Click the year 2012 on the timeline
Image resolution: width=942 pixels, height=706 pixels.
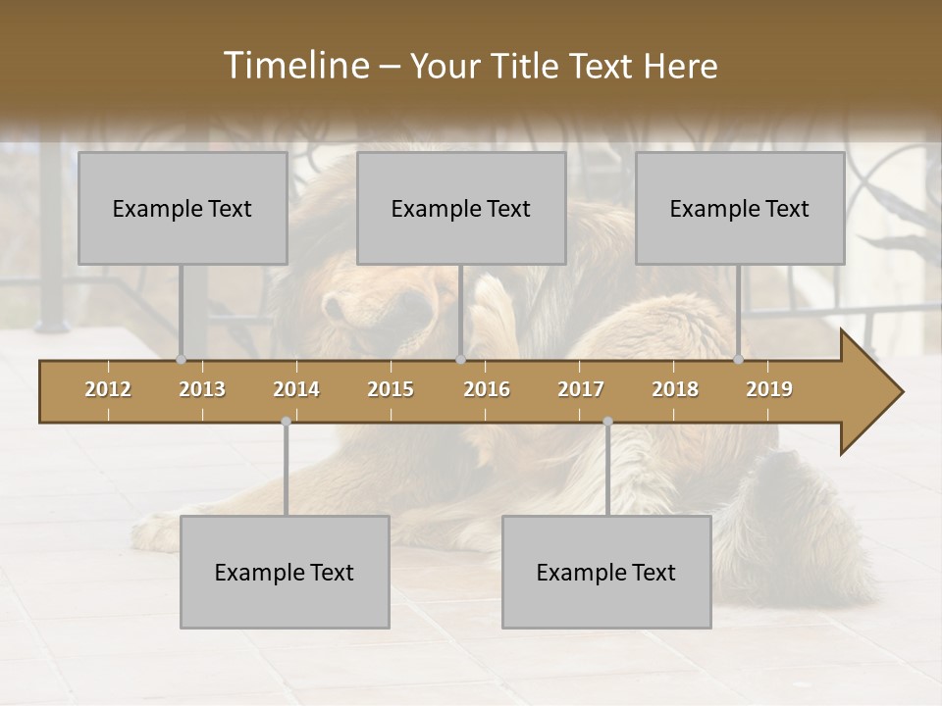(x=108, y=389)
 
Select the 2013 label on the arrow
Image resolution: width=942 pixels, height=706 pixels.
(x=202, y=389)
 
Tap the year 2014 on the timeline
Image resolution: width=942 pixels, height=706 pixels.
(x=296, y=389)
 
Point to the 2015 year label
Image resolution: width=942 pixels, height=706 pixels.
(x=391, y=389)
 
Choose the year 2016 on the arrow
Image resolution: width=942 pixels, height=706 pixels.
(x=487, y=389)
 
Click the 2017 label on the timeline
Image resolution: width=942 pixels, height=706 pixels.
(x=581, y=389)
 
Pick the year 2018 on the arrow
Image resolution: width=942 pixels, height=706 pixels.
(x=675, y=389)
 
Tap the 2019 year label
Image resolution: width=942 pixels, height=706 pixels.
(x=769, y=389)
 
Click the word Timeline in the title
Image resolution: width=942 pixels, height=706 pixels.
(x=293, y=66)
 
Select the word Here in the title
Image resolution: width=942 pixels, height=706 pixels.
(x=680, y=67)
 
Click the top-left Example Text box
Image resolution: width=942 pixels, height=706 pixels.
(x=183, y=208)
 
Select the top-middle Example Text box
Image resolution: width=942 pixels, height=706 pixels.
(x=461, y=208)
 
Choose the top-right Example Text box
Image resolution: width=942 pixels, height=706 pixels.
(x=740, y=208)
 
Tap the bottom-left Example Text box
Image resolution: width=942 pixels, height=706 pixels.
(x=285, y=572)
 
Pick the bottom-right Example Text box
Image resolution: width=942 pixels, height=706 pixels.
(x=606, y=572)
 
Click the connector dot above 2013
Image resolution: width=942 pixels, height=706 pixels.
(x=182, y=360)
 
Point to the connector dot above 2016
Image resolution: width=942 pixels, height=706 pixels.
(x=461, y=360)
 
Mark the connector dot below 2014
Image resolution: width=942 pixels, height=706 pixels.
(x=286, y=422)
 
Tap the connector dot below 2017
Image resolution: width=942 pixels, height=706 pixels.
(x=607, y=422)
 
